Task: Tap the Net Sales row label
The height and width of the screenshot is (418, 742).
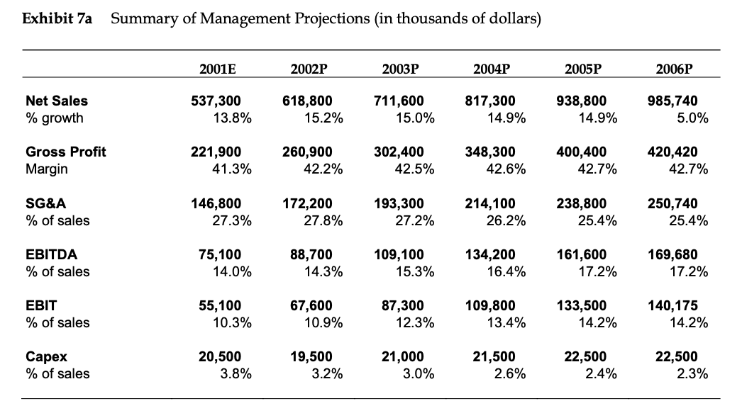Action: click(57, 101)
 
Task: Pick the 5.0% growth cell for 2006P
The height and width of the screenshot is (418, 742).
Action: click(692, 118)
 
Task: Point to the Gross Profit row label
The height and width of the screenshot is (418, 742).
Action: click(65, 152)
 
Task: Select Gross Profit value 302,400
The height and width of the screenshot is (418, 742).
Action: click(399, 152)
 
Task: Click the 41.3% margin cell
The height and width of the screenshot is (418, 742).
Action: click(233, 169)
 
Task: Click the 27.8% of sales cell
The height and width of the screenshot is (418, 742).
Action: click(324, 220)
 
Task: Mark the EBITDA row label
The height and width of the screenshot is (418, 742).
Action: click(51, 254)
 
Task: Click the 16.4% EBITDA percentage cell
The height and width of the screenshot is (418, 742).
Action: click(507, 271)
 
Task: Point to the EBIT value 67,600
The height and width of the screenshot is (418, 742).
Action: click(312, 305)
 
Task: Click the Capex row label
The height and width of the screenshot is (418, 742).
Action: click(45, 356)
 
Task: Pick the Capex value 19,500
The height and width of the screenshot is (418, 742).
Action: click(312, 356)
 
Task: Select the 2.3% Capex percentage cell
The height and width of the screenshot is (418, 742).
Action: click(692, 373)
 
